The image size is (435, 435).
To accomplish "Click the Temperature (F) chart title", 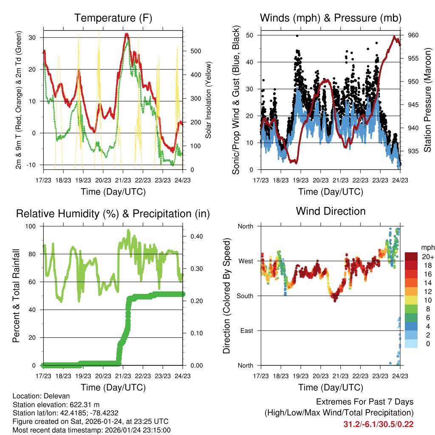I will (113, 18).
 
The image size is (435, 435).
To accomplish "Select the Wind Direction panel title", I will (330, 211).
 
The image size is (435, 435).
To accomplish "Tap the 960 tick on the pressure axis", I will (413, 35).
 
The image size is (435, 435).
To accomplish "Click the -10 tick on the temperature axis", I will (34, 165).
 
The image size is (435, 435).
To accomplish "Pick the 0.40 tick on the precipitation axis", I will (193, 236).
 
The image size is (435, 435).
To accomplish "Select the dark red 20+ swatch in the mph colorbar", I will (412, 257).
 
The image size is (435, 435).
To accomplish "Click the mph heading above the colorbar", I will (427, 247).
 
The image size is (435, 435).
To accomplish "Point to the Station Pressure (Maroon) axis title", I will (428, 100).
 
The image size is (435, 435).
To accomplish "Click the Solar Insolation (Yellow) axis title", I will (209, 100).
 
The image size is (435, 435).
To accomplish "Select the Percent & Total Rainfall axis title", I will (16, 296).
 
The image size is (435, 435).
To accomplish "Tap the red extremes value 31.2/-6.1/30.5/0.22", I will (379, 424).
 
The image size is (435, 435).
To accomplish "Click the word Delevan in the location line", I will (54, 396).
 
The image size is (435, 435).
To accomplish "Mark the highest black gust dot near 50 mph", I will (297, 36).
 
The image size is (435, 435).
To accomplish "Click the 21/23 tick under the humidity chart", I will (123, 376).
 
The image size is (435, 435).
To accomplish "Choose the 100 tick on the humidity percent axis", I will (34, 226).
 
